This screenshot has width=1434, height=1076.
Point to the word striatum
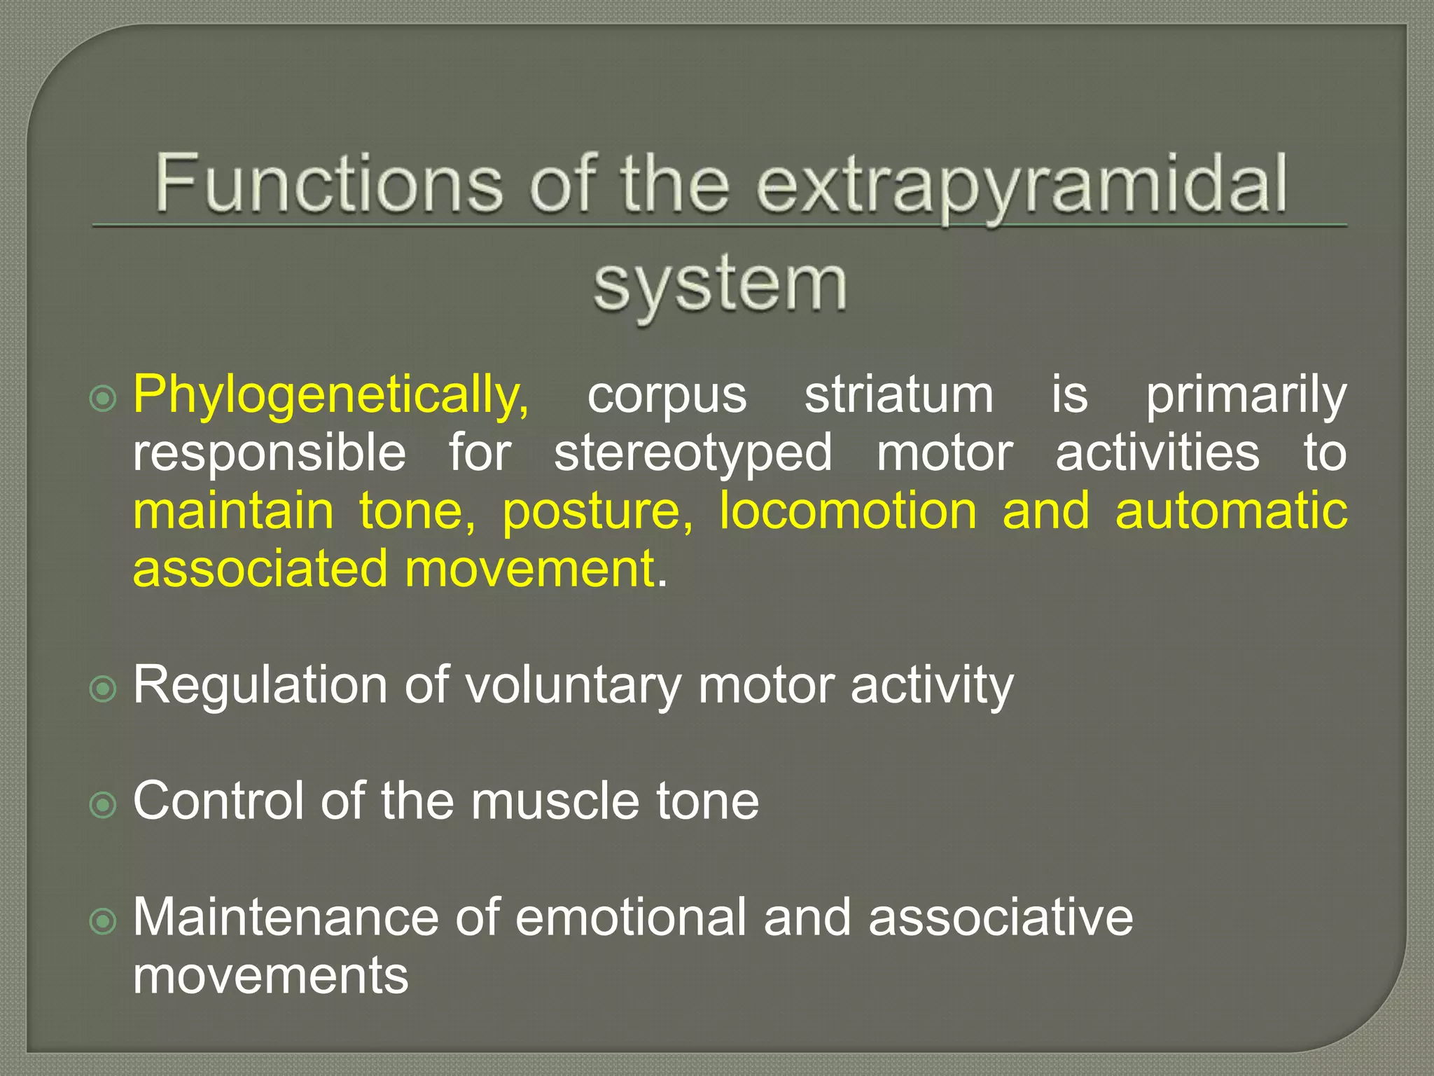[x=898, y=395]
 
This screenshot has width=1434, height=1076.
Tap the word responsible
[x=270, y=453]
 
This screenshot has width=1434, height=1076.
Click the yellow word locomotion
[x=848, y=511]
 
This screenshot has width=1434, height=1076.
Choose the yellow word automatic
[x=1231, y=511]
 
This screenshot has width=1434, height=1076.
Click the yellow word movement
[x=529, y=569]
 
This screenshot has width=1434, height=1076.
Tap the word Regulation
[x=260, y=685]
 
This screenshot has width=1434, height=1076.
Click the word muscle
[x=555, y=801]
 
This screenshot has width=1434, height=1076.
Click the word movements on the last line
[x=270, y=975]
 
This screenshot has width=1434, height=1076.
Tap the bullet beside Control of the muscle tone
[x=104, y=805]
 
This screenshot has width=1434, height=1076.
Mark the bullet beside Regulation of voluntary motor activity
[x=104, y=689]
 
